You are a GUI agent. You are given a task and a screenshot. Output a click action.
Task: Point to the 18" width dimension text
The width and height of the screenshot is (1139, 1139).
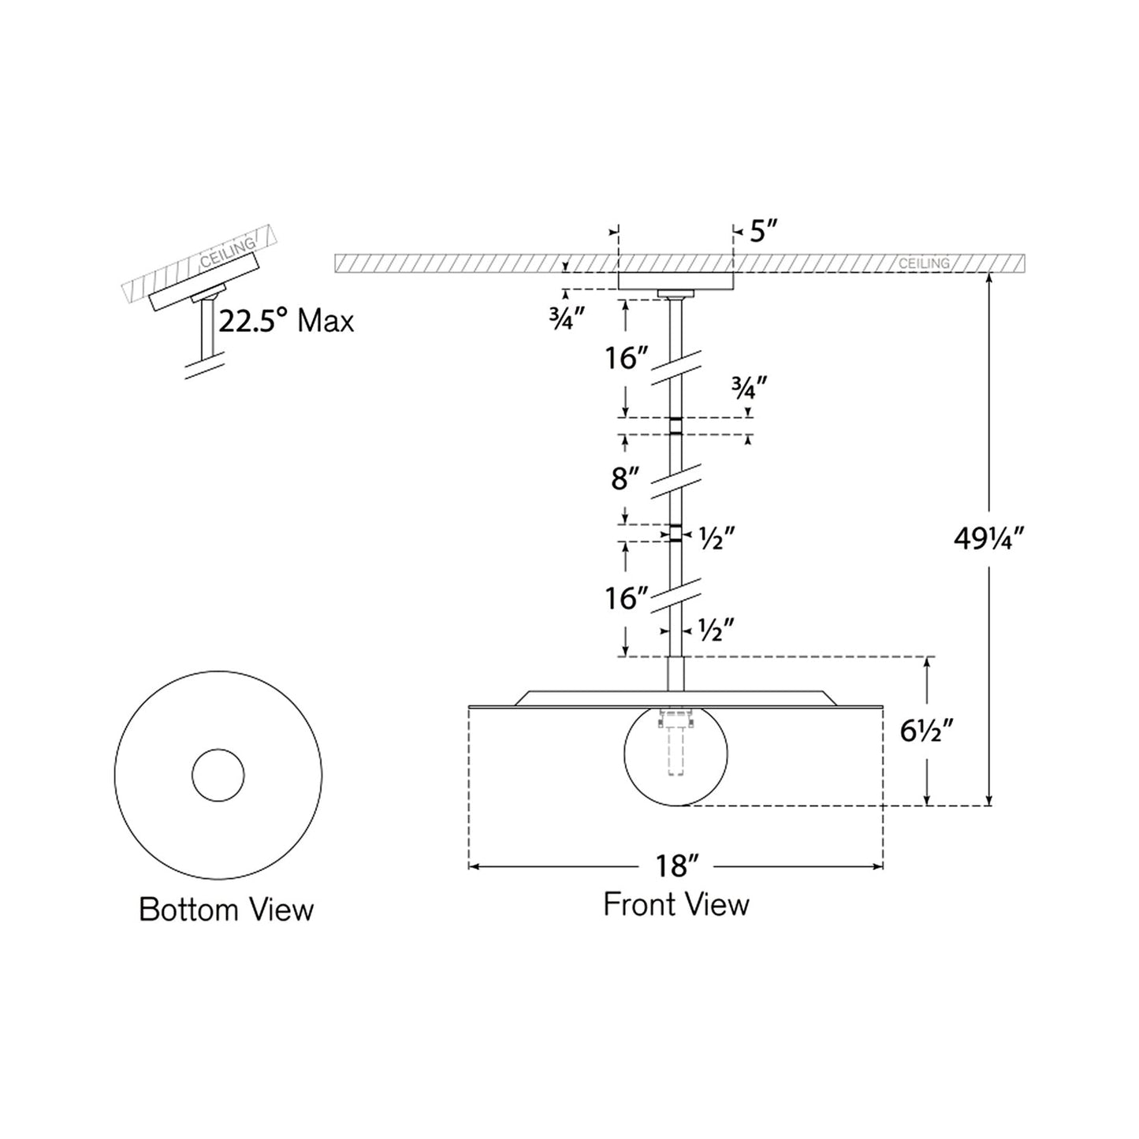click(x=676, y=866)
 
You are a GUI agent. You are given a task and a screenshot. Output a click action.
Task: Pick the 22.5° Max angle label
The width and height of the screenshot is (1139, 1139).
click(x=286, y=321)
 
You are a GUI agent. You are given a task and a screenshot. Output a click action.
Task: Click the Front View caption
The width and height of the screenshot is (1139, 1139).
click(x=676, y=904)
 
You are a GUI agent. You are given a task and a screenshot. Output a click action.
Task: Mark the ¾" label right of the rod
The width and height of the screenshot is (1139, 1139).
click(x=748, y=387)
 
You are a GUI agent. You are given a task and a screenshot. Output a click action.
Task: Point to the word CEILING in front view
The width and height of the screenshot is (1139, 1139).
click(x=924, y=263)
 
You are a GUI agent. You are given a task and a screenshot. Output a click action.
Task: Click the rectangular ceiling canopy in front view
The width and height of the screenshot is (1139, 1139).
click(x=676, y=281)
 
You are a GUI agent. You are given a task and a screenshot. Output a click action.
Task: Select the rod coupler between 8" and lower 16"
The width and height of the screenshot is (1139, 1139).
click(x=676, y=533)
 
